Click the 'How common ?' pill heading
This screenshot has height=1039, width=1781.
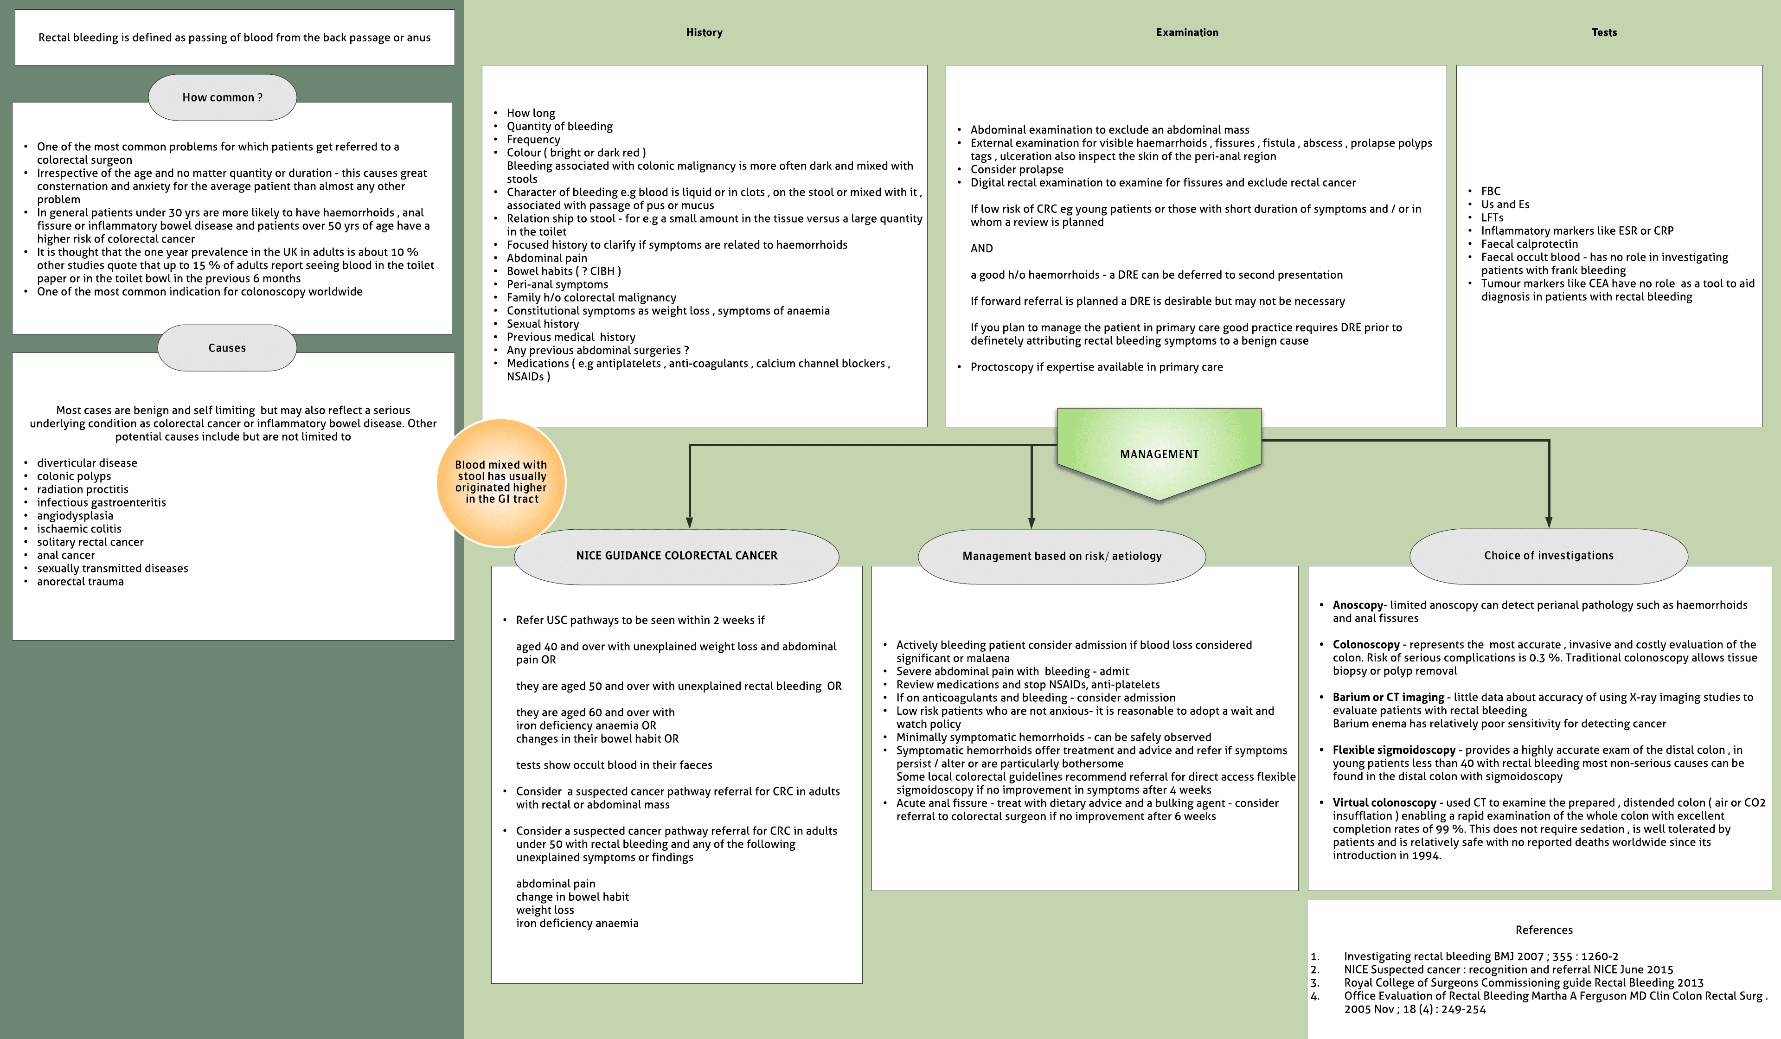222,97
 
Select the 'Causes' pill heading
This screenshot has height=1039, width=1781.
227,348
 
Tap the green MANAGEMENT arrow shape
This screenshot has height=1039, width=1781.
1159,454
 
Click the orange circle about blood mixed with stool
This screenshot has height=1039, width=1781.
501,482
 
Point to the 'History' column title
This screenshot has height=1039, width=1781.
704,32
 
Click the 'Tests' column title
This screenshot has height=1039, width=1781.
1604,32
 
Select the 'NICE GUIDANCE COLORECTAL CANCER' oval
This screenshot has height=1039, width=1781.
676,556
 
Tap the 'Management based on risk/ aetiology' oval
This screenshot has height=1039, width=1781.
1062,556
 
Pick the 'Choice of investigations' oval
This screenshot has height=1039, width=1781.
1549,556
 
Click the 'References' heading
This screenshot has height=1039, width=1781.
1544,930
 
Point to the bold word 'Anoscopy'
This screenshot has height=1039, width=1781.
1358,605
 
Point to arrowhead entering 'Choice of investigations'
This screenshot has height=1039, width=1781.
1549,522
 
